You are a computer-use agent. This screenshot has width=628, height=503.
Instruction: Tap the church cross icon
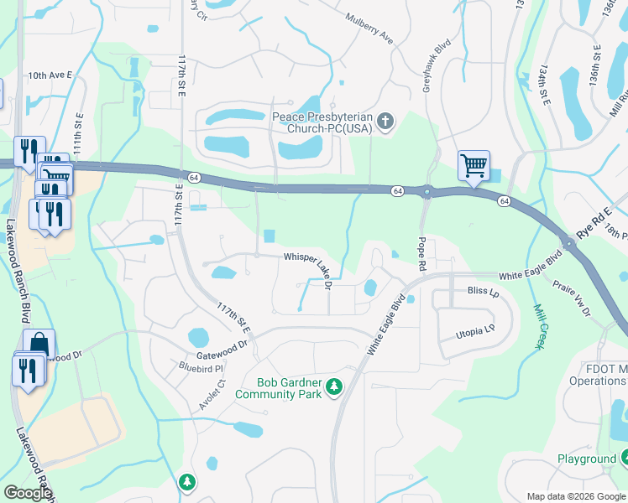tap(385, 123)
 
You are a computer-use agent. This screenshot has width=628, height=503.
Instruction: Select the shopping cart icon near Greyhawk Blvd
tap(474, 165)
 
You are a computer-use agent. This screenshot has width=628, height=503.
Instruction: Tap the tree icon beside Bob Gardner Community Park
tap(334, 386)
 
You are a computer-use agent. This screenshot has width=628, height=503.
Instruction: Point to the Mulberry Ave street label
tap(369, 29)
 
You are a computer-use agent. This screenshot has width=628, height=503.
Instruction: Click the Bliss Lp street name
tap(482, 293)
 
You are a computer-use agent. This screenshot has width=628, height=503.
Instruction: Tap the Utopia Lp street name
tap(477, 332)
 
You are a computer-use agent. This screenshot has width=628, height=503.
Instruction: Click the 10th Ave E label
tap(50, 75)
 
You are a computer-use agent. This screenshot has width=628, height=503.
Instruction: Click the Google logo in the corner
tap(28, 493)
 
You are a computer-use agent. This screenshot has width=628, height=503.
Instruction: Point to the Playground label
tap(587, 459)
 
